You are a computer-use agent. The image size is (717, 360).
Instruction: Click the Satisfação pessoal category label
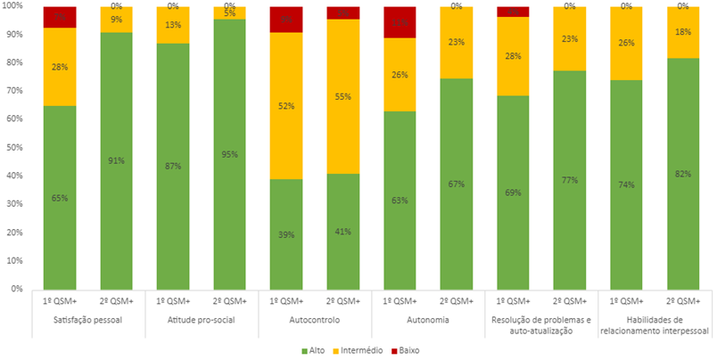coord(88,320)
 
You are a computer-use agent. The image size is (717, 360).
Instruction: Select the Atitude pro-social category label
coord(202,320)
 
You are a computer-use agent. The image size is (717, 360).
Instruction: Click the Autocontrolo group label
coord(317,320)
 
